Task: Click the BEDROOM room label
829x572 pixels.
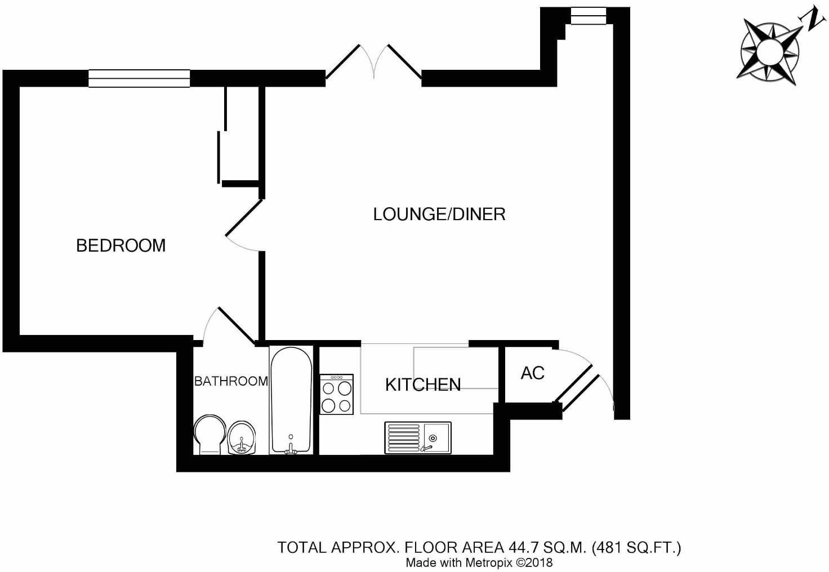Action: (x=121, y=245)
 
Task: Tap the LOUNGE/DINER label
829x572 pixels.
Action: (x=439, y=214)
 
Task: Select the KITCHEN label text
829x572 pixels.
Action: (x=422, y=385)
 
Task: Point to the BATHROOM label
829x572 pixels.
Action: (x=231, y=381)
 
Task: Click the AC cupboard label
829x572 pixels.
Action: (x=532, y=373)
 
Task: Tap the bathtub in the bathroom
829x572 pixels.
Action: (x=291, y=400)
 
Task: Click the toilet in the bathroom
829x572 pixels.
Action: (x=209, y=434)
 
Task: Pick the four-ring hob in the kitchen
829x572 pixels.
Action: (x=337, y=395)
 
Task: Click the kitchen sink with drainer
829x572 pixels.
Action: (x=417, y=437)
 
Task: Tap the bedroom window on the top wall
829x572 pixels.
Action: (x=139, y=78)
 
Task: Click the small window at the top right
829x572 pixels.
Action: (x=588, y=16)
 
